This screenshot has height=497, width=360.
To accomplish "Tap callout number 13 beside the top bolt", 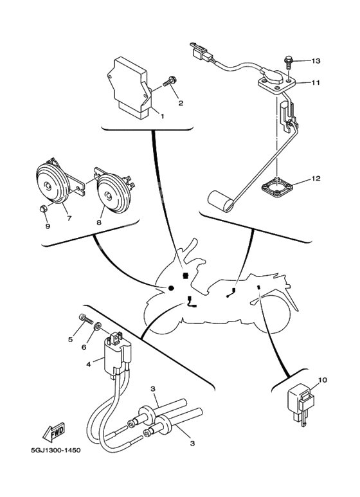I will click(x=315, y=61).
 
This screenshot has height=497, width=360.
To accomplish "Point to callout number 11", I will click(x=315, y=83).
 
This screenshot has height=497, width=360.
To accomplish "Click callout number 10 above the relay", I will click(x=322, y=380).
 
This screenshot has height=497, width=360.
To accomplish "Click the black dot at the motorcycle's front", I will click(x=172, y=287).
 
